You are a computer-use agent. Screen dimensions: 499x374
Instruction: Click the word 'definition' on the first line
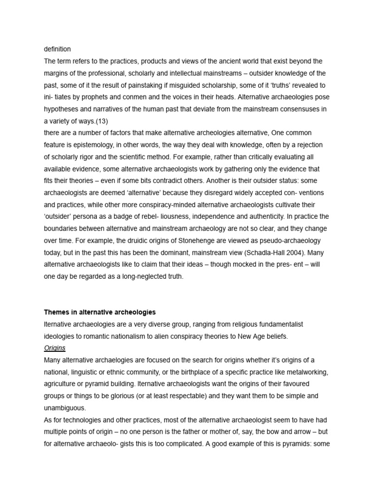coord(57,49)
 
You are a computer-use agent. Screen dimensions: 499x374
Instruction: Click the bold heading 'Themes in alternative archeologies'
coord(100,312)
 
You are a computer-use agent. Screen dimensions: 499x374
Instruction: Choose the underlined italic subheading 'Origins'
coord(55,348)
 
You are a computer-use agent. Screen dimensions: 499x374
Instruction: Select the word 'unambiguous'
coord(65,408)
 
